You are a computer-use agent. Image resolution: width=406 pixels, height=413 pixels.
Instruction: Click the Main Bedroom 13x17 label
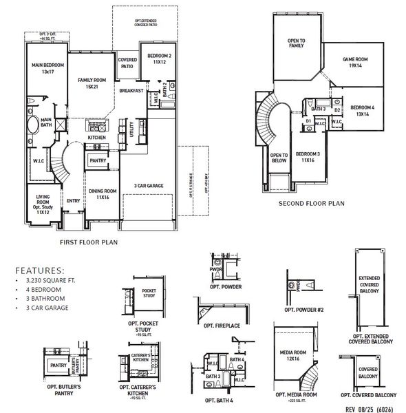coord(42,67)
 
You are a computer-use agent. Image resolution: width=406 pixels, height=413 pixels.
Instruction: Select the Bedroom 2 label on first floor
coord(160,59)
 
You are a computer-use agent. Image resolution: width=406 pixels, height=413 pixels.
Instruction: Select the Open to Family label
coord(297,45)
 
